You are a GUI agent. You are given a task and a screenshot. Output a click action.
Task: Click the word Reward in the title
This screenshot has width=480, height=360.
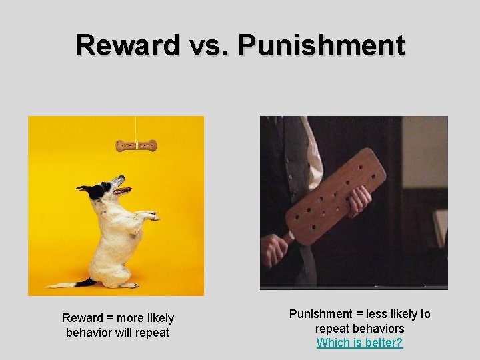pyautogui.click(x=127, y=45)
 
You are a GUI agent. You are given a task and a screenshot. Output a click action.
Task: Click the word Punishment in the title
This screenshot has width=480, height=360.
pyautogui.click(x=321, y=45)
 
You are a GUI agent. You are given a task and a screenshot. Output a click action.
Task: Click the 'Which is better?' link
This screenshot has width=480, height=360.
pyautogui.click(x=359, y=343)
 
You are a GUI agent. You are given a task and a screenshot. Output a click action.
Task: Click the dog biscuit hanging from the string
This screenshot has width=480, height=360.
pyautogui.click(x=135, y=145)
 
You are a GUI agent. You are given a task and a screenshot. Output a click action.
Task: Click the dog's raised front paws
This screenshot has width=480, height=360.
pyautogui.click(x=150, y=215)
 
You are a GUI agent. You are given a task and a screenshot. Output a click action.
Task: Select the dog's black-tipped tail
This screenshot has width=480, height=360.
pyautogui.click(x=79, y=283)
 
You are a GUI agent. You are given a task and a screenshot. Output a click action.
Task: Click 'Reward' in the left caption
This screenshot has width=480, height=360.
pyautogui.click(x=83, y=318)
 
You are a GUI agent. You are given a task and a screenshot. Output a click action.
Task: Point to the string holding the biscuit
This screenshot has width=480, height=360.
pyautogui.click(x=136, y=127)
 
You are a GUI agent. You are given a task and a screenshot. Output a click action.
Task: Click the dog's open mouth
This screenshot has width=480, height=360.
pyautogui.click(x=121, y=189)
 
